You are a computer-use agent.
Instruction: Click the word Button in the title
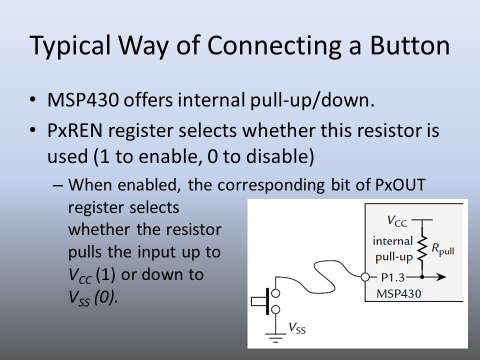[x=410, y=45]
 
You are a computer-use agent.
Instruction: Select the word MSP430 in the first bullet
[x=82, y=100]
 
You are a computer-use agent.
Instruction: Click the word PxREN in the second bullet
[x=74, y=130]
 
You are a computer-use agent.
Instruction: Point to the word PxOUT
[x=400, y=184]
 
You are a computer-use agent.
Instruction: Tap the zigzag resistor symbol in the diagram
[x=422, y=248]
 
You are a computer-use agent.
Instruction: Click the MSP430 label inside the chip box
[x=399, y=293]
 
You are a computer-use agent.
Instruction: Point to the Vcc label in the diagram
[x=397, y=221]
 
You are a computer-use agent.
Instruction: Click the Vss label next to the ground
[x=297, y=328]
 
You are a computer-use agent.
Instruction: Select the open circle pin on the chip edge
[x=365, y=277]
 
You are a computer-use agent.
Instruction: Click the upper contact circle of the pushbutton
[x=276, y=293]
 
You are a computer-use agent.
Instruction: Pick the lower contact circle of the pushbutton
[x=276, y=310]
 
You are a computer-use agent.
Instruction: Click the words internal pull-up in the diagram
[x=393, y=249]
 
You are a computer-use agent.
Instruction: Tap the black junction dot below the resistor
[x=422, y=277]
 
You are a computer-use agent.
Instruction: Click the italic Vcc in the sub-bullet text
[x=80, y=275]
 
